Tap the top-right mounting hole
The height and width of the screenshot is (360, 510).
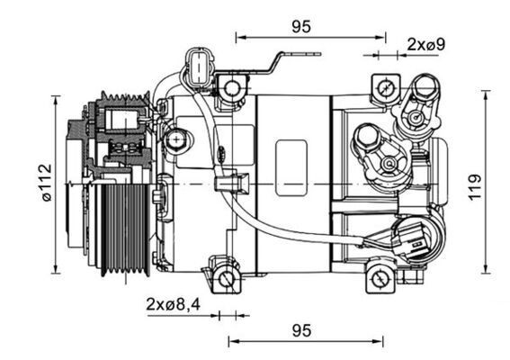point(385,88)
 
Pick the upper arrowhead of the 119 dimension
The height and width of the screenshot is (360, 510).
point(487,94)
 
